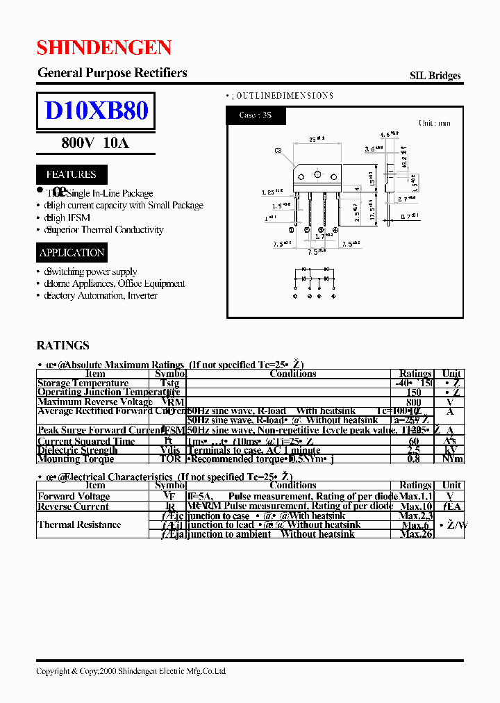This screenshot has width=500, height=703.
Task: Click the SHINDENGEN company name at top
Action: pyautogui.click(x=104, y=47)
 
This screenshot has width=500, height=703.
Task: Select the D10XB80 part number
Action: pyautogui.click(x=96, y=110)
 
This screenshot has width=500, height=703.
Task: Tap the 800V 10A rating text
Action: pyautogui.click(x=95, y=143)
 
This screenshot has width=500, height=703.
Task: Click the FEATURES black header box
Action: pyautogui.click(x=71, y=174)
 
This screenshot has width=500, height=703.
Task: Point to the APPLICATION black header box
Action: pyautogui.click(x=72, y=253)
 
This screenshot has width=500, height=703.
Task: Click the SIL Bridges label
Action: pyautogui.click(x=435, y=76)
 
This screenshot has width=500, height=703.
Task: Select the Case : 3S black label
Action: pyautogui.click(x=256, y=115)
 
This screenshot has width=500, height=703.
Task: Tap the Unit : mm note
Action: pyautogui.click(x=434, y=123)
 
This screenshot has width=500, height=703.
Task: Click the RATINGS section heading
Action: pyautogui.click(x=62, y=345)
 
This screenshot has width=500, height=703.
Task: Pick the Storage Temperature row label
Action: pyautogui.click(x=83, y=383)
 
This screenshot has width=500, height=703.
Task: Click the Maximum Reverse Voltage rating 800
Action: pyautogui.click(x=414, y=402)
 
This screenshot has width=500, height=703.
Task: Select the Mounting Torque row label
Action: pyautogui.click(x=77, y=458)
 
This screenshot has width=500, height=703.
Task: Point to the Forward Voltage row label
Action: pyautogui.click(x=74, y=496)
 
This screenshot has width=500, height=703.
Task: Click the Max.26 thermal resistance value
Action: pyautogui.click(x=416, y=534)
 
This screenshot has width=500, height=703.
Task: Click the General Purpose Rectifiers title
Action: pyautogui.click(x=112, y=73)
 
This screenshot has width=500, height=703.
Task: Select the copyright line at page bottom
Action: pyautogui.click(x=131, y=671)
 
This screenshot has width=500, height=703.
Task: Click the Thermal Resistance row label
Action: pyautogui.click(x=79, y=524)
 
